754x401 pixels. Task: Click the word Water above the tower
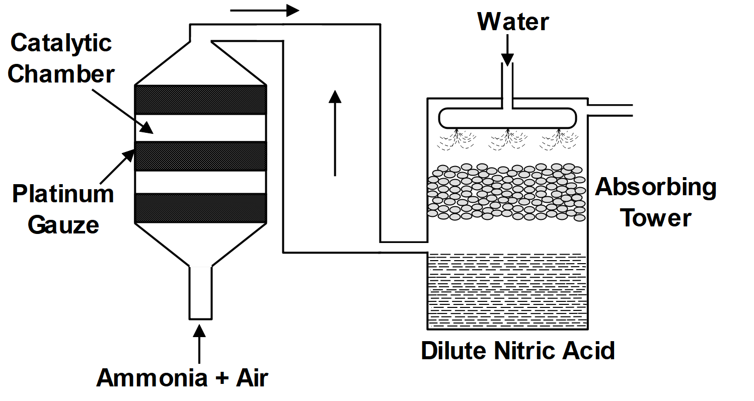click(513, 22)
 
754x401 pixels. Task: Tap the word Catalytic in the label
click(61, 43)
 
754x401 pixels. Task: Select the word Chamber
click(61, 74)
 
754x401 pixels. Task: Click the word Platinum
click(63, 194)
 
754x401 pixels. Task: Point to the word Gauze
click(63, 224)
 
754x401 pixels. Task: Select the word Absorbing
click(655, 188)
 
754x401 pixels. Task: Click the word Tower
click(655, 218)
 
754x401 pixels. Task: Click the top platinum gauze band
click(201, 100)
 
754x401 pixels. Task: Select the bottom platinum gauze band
click(201, 208)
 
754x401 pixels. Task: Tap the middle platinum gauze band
click(201, 156)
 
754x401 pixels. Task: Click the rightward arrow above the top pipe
click(266, 10)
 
